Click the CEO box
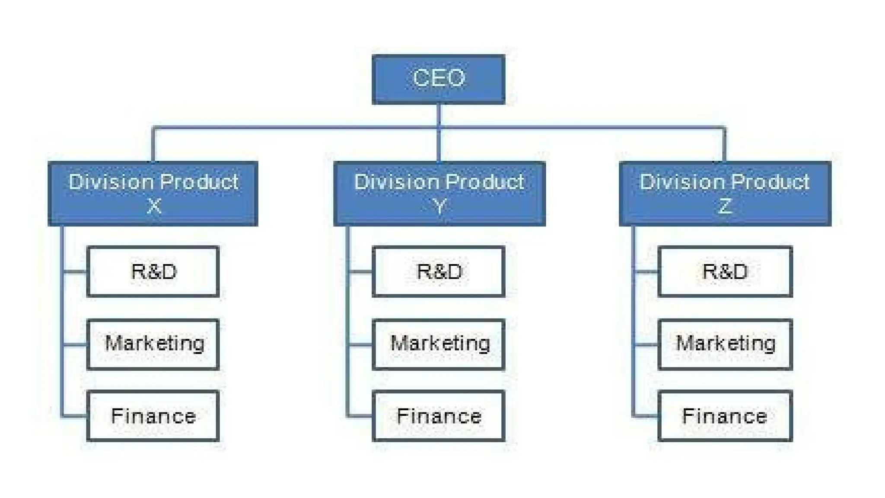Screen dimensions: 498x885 pos(438,79)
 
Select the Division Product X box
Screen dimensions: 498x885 pos(153,193)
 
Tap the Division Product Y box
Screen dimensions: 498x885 pos(439,193)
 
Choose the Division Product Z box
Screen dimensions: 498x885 pos(725,193)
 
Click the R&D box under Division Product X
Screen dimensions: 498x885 pos(153,271)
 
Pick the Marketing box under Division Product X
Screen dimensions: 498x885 pos(153,344)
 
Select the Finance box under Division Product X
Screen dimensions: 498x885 pos(153,416)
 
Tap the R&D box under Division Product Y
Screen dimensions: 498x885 pos(438,271)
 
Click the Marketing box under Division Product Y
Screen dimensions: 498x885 pos(438,344)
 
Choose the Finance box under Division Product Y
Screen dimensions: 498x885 pos(438,416)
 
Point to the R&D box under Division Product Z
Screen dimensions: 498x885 pos(725,271)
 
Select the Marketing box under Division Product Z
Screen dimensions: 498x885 pos(725,344)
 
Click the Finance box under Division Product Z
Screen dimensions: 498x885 pos(725,416)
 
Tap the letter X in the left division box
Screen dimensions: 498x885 pos(154,206)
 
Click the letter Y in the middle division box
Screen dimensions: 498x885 pos(439,206)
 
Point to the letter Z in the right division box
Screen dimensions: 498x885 pos(725,206)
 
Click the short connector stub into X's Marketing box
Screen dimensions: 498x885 pos(75,345)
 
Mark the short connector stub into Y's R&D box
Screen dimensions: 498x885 pos(360,272)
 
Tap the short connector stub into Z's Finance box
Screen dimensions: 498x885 pos(646,417)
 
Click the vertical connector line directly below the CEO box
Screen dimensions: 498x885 pos(439,115)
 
